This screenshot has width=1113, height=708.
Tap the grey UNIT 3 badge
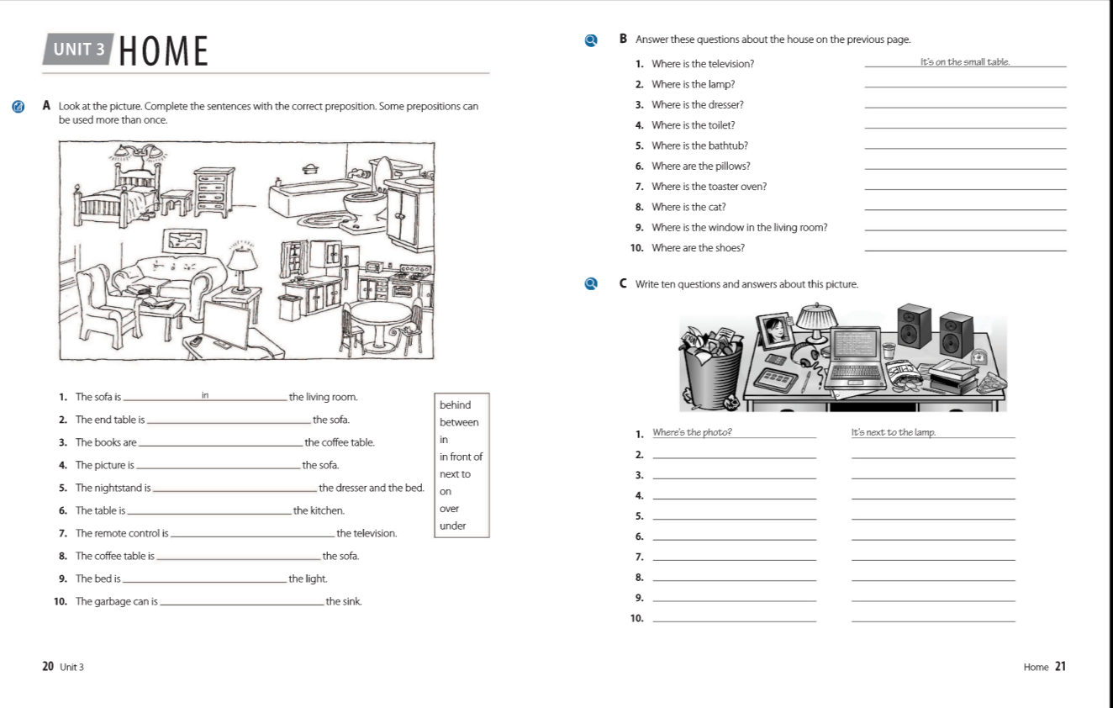pos(79,49)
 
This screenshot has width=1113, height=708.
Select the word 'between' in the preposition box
pos(459,422)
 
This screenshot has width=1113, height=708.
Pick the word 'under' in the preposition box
pos(452,526)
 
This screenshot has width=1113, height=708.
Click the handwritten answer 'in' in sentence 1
pos(205,394)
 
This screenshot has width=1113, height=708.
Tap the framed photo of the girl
pos(776,330)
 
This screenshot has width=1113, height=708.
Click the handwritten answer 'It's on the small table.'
pos(965,62)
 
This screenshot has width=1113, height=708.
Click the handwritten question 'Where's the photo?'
pos(692,433)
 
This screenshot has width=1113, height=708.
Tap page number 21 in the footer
pos(1060,667)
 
